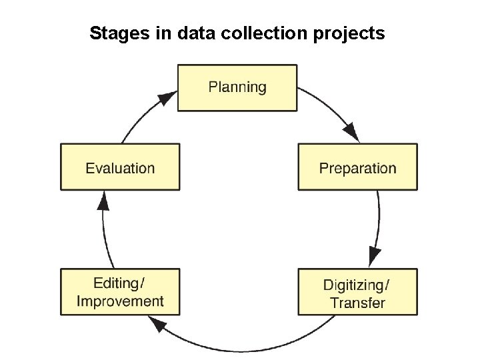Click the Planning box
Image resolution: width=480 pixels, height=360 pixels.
click(x=237, y=87)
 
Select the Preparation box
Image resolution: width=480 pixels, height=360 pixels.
click(x=357, y=167)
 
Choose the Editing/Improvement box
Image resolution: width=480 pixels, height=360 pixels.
click(x=120, y=292)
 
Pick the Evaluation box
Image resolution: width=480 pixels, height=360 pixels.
click(x=120, y=167)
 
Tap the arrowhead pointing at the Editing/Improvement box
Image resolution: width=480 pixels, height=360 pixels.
click(x=157, y=325)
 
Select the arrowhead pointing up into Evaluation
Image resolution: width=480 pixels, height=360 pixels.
click(x=103, y=200)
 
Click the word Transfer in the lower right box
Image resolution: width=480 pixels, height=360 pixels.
click(x=357, y=303)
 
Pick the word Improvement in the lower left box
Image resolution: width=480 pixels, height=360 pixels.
click(x=120, y=301)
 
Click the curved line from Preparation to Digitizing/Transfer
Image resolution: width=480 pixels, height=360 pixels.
click(x=379, y=220)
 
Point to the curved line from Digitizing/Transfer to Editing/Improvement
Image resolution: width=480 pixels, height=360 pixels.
click(x=267, y=348)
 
